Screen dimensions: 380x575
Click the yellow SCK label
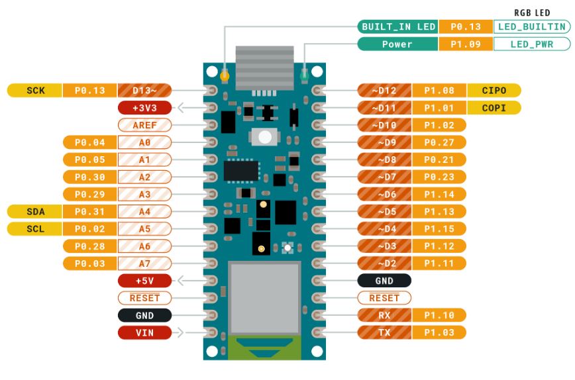point(35,90)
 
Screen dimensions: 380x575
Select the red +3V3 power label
point(144,107)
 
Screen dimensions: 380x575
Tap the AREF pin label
point(144,124)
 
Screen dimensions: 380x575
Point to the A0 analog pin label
point(144,142)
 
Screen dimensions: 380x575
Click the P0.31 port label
point(89,211)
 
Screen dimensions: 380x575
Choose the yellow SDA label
point(35,211)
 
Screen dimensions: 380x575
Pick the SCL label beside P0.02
point(35,228)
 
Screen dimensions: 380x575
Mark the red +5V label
point(144,281)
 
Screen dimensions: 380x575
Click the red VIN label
point(144,332)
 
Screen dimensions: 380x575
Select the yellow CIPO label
point(494,90)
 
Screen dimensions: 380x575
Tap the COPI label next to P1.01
point(494,107)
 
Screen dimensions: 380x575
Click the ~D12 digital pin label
point(384,90)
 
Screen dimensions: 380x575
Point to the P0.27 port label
point(439,142)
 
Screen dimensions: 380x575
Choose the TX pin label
point(384,332)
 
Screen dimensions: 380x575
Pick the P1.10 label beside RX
point(439,315)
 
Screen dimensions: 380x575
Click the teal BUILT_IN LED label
point(398,26)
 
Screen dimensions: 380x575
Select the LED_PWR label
point(532,44)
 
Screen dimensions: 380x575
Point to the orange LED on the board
point(225,76)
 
